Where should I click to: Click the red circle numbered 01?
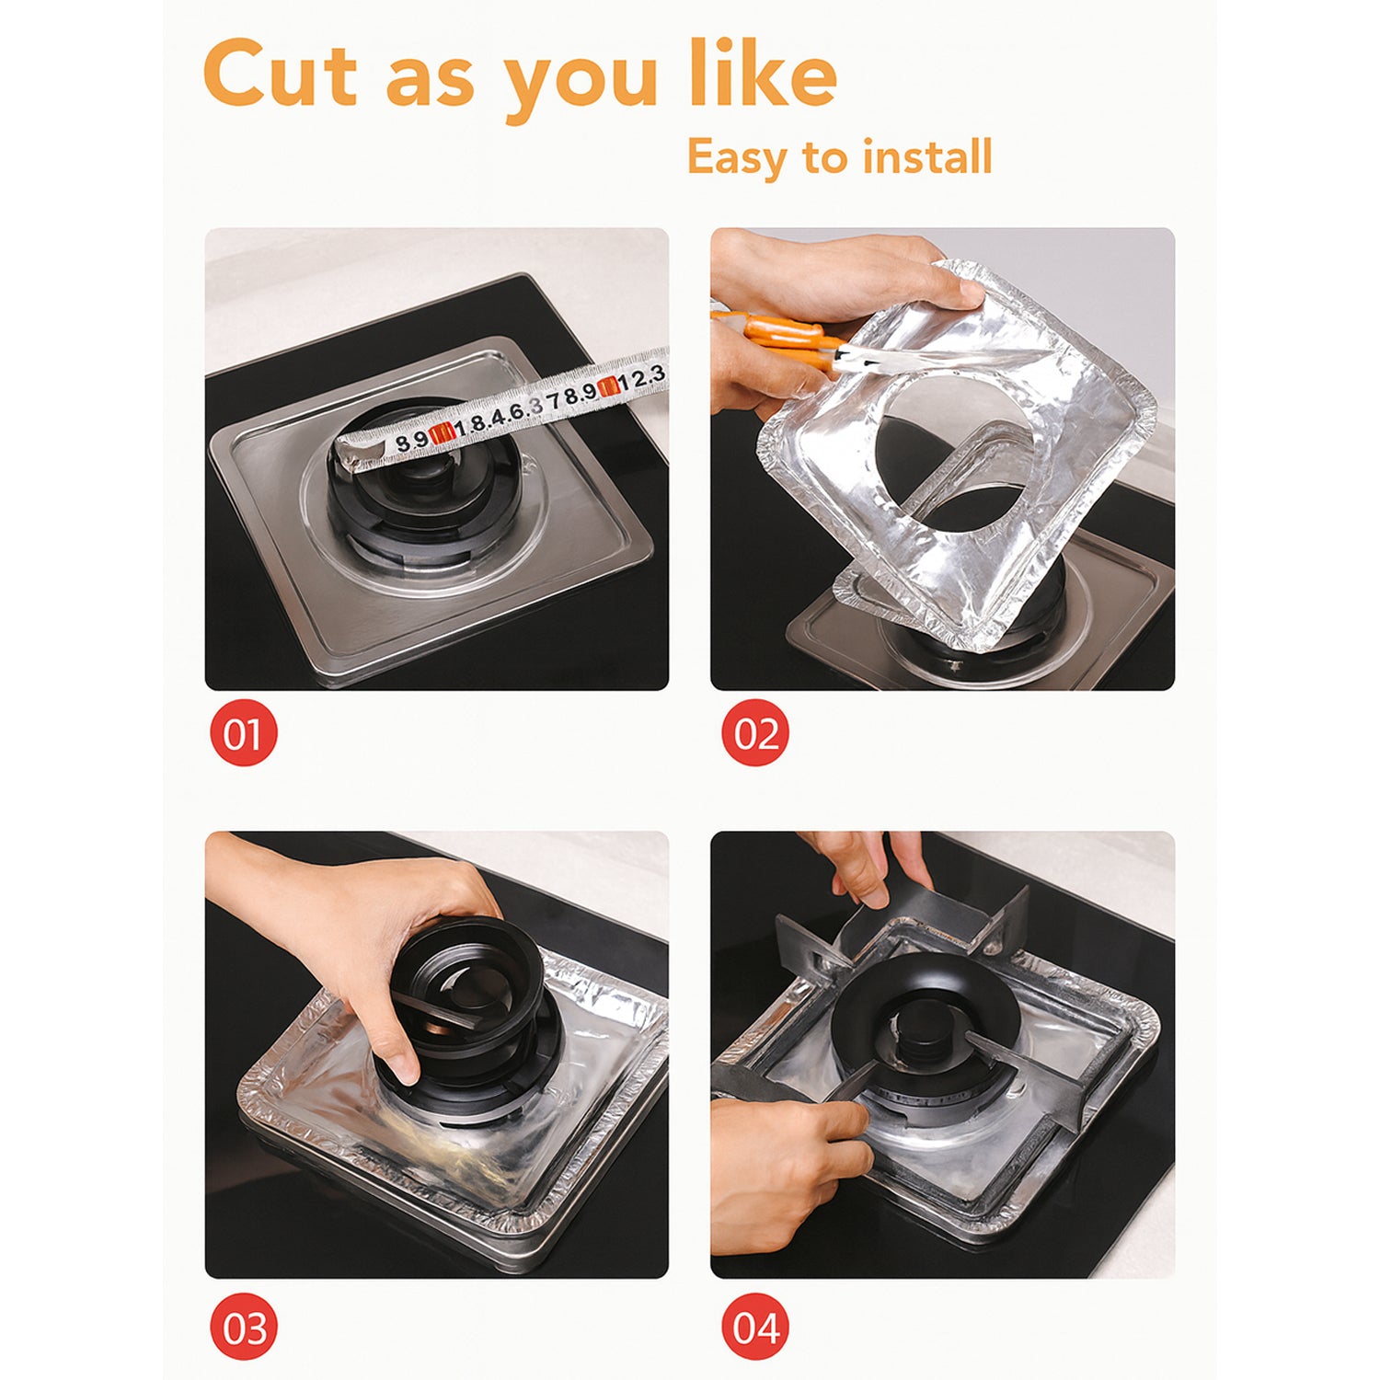point(243,732)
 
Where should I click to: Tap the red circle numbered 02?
point(755,732)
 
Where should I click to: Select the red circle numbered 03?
point(243,1328)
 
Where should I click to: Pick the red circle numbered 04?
point(755,1328)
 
